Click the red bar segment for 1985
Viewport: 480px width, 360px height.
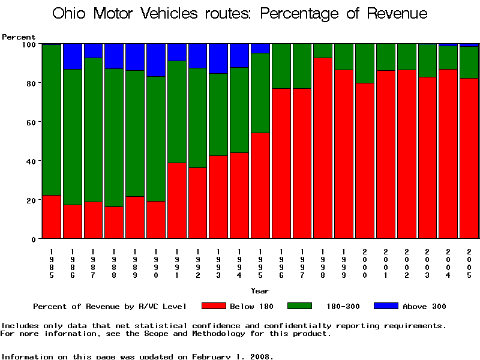pos(52,217)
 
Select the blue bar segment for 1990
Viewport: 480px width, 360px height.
pos(156,60)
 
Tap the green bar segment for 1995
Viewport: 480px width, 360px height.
pos(260,93)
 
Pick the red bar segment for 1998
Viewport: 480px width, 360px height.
pos(323,148)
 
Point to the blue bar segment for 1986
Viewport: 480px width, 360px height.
pos(73,56)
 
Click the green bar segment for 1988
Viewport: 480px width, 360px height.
pos(114,137)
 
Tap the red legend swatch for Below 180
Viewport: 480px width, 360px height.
pos(214,306)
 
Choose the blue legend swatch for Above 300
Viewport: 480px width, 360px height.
pos(386,306)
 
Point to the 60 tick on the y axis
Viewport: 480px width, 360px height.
pos(38,122)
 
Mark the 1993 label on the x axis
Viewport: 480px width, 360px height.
pos(218,263)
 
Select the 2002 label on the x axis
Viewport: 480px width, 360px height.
pos(406,263)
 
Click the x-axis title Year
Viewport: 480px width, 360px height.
pos(260,291)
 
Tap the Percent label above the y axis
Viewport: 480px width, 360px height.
pos(19,37)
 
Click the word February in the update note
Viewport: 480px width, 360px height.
pos(213,356)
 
